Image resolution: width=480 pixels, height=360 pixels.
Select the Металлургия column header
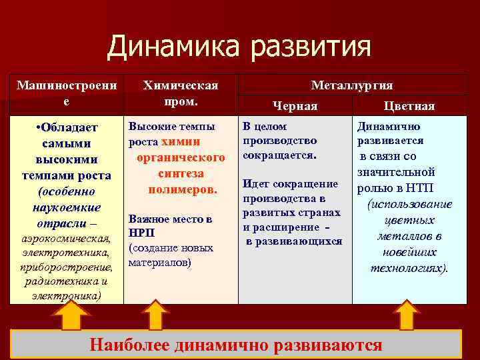tap(351, 85)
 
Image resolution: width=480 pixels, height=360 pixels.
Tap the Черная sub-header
tap(295, 106)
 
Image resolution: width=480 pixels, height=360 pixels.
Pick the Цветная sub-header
tap(409, 106)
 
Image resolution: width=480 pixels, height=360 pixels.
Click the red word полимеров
tap(183, 189)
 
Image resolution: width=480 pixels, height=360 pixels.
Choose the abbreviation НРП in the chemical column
tap(141, 233)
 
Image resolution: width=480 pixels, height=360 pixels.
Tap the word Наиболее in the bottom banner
tap(129, 345)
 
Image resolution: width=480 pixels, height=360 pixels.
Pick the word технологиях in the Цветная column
tap(408, 269)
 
